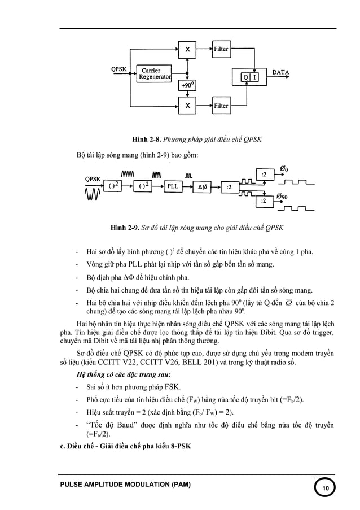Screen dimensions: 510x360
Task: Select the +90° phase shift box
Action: click(187, 85)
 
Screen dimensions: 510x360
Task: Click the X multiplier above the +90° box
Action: click(187, 49)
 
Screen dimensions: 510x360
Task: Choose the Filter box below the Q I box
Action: click(221, 105)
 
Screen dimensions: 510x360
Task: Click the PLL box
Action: click(172, 186)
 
